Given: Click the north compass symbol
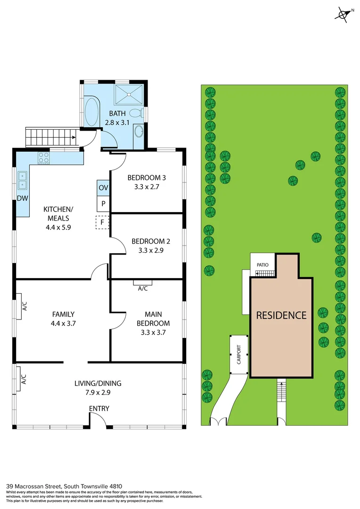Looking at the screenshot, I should pyautogui.click(x=344, y=15).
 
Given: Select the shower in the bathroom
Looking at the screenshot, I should pyautogui.click(x=129, y=95).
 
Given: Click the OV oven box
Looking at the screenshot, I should pyautogui.click(x=103, y=188).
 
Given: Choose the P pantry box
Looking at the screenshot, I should pyautogui.click(x=103, y=204).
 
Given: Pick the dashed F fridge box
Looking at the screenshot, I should pyautogui.click(x=102, y=222).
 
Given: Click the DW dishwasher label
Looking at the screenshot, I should pyautogui.click(x=22, y=199).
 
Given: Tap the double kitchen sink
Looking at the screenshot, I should pyautogui.click(x=22, y=180).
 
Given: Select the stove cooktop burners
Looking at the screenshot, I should pyautogui.click(x=44, y=157).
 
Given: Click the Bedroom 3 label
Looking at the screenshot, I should pyautogui.click(x=147, y=178).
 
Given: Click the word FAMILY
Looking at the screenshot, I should pyautogui.click(x=63, y=314).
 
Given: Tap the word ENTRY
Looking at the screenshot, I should pyautogui.click(x=99, y=409).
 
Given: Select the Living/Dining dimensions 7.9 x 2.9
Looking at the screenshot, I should pyautogui.click(x=98, y=392).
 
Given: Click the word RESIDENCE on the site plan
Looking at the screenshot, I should pyautogui.click(x=281, y=315).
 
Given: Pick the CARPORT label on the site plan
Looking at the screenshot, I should pyautogui.click(x=239, y=355).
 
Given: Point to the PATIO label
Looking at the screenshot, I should pyautogui.click(x=262, y=265).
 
